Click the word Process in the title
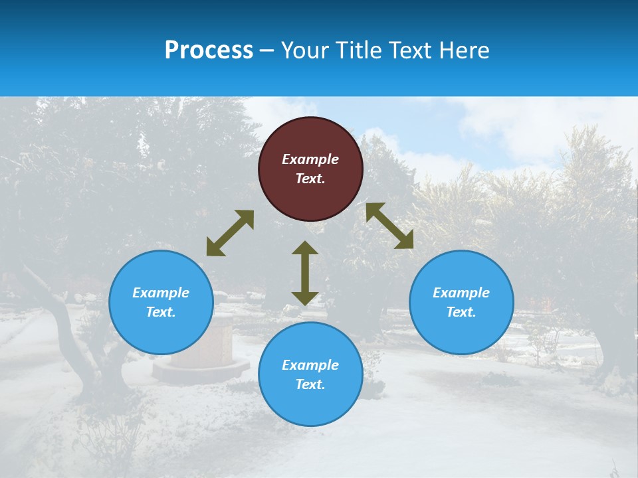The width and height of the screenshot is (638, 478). [x=209, y=50]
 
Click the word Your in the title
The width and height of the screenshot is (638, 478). [x=305, y=50]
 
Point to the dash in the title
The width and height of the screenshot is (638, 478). [x=267, y=51]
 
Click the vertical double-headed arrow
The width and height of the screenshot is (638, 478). [x=305, y=274]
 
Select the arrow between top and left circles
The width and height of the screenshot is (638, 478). [x=230, y=233]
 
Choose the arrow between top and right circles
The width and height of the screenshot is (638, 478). [x=389, y=226]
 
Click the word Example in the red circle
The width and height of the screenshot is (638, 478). [x=310, y=159]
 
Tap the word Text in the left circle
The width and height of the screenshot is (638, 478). [x=161, y=312]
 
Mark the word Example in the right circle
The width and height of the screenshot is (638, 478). [x=461, y=293]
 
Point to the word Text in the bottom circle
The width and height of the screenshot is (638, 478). [x=310, y=384]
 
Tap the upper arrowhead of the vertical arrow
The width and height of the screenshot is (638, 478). [x=305, y=248]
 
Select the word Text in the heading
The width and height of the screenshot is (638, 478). [x=409, y=50]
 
